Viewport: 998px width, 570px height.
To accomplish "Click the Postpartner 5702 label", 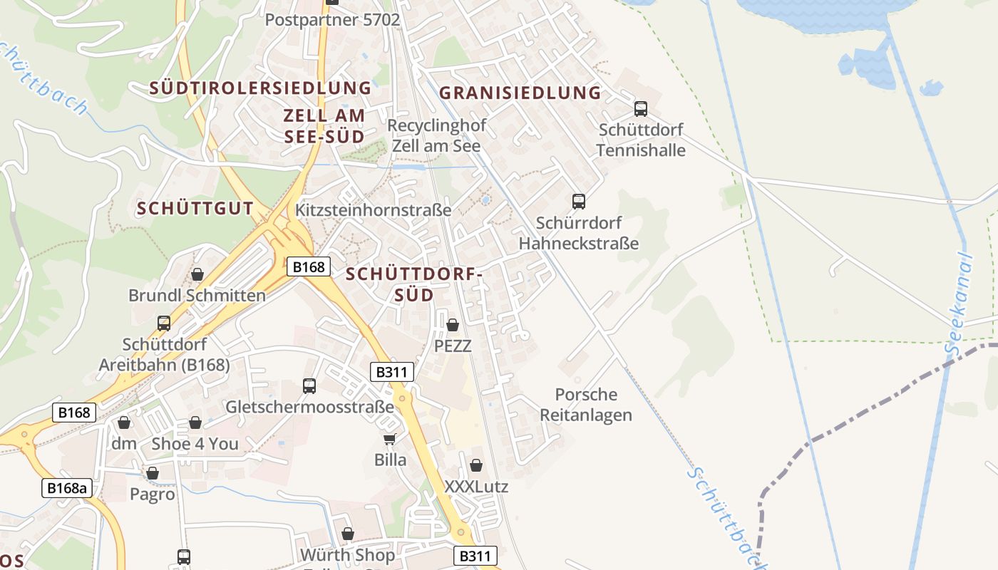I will (x=332, y=19).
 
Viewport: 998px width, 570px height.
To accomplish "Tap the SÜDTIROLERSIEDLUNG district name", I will (x=260, y=88).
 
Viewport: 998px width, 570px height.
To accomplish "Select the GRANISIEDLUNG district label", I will (x=520, y=93).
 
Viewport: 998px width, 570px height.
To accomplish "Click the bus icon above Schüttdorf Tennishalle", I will (x=641, y=109).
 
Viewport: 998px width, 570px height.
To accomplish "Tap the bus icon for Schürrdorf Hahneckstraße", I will (x=579, y=202).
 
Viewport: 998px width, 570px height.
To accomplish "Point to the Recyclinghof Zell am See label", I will (x=436, y=135).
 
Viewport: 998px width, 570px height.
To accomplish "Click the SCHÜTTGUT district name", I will (x=195, y=209).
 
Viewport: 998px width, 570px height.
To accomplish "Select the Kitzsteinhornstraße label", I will (x=373, y=210).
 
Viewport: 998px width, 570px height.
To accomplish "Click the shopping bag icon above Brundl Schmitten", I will (x=197, y=274).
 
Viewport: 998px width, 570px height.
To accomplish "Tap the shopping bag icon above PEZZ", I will (x=453, y=325).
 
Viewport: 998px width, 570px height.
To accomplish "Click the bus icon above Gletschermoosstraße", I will (x=309, y=386).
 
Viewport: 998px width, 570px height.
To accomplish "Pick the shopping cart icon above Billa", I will (x=390, y=439).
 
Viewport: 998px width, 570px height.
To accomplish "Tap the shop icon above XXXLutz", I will (x=476, y=465).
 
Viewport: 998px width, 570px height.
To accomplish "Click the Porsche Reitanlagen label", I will (x=585, y=405).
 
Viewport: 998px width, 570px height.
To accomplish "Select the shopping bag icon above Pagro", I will (x=153, y=473).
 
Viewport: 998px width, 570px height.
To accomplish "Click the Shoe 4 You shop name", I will (x=195, y=444).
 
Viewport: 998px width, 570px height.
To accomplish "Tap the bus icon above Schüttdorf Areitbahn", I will (x=164, y=323).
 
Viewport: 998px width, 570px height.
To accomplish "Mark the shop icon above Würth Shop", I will (x=348, y=534).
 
